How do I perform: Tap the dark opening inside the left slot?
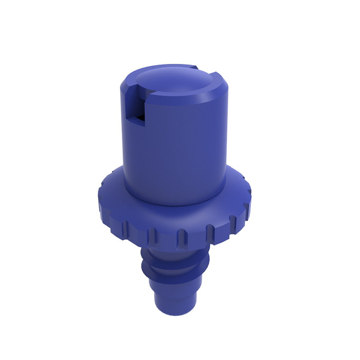pyautogui.click(x=140, y=118)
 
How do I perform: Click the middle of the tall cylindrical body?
pyautogui.click(x=175, y=148)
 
